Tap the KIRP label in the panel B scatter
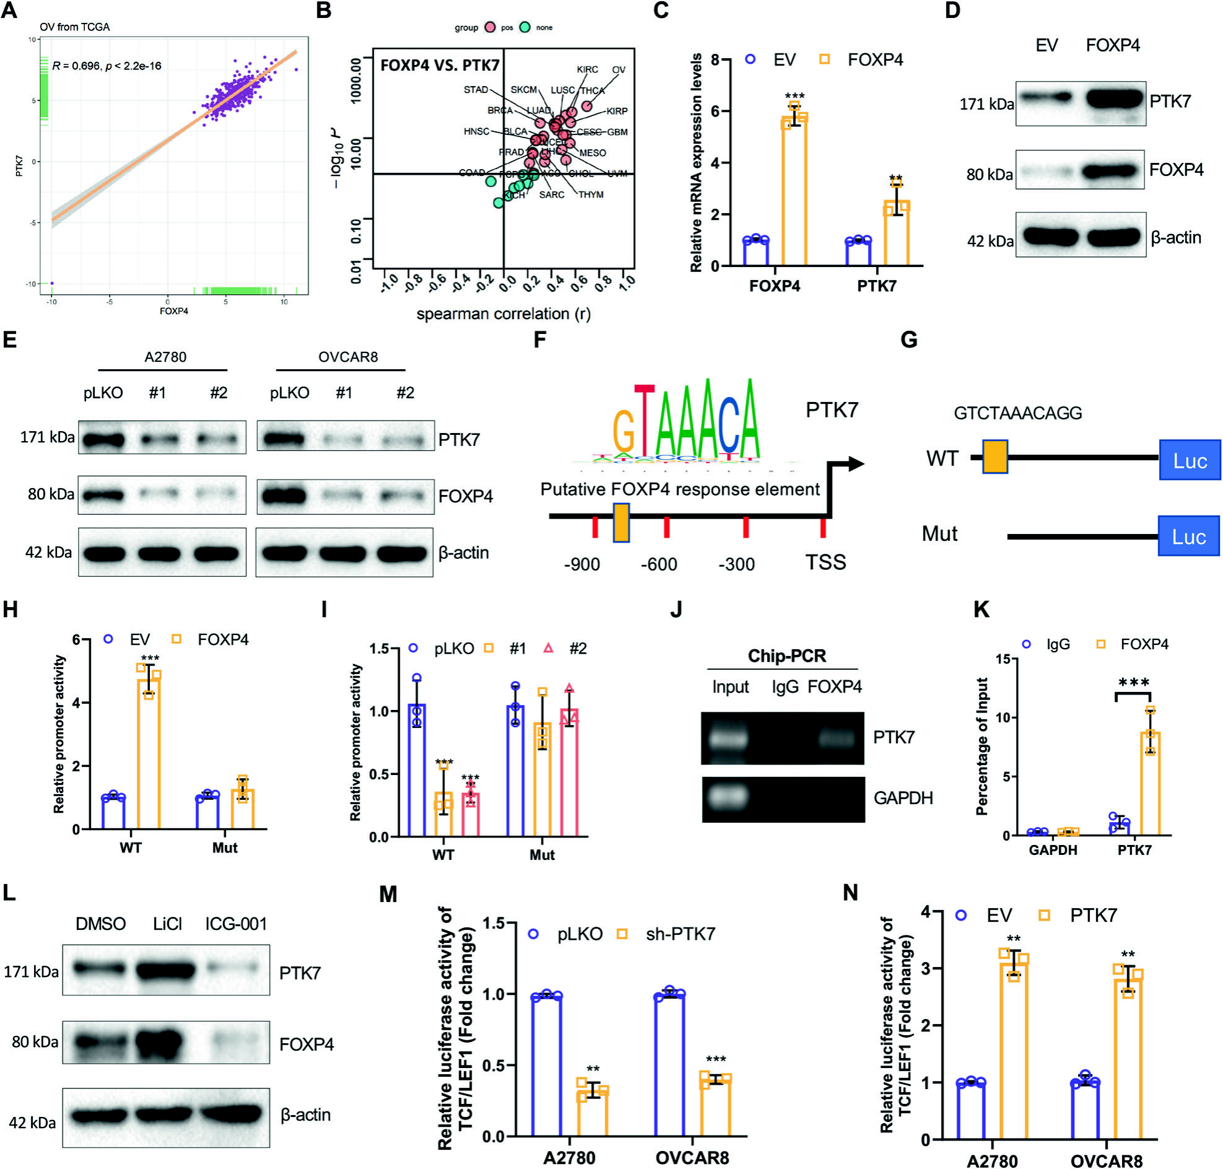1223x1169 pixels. tap(616, 111)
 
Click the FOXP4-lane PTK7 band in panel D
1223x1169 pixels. tap(1115, 99)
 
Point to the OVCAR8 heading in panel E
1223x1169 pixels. tap(348, 357)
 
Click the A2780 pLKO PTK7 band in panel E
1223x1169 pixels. tap(103, 439)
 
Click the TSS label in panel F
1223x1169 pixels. tap(825, 563)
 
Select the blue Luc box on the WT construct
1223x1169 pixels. tap(1190, 460)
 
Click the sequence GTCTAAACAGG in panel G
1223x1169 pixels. tap(1017, 413)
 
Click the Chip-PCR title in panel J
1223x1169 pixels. tap(787, 655)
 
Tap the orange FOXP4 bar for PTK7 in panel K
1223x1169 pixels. tap(1149, 782)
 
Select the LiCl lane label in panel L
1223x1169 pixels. tap(167, 924)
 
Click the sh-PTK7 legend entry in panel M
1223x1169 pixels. tap(680, 934)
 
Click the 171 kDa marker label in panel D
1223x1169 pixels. tap(986, 104)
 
